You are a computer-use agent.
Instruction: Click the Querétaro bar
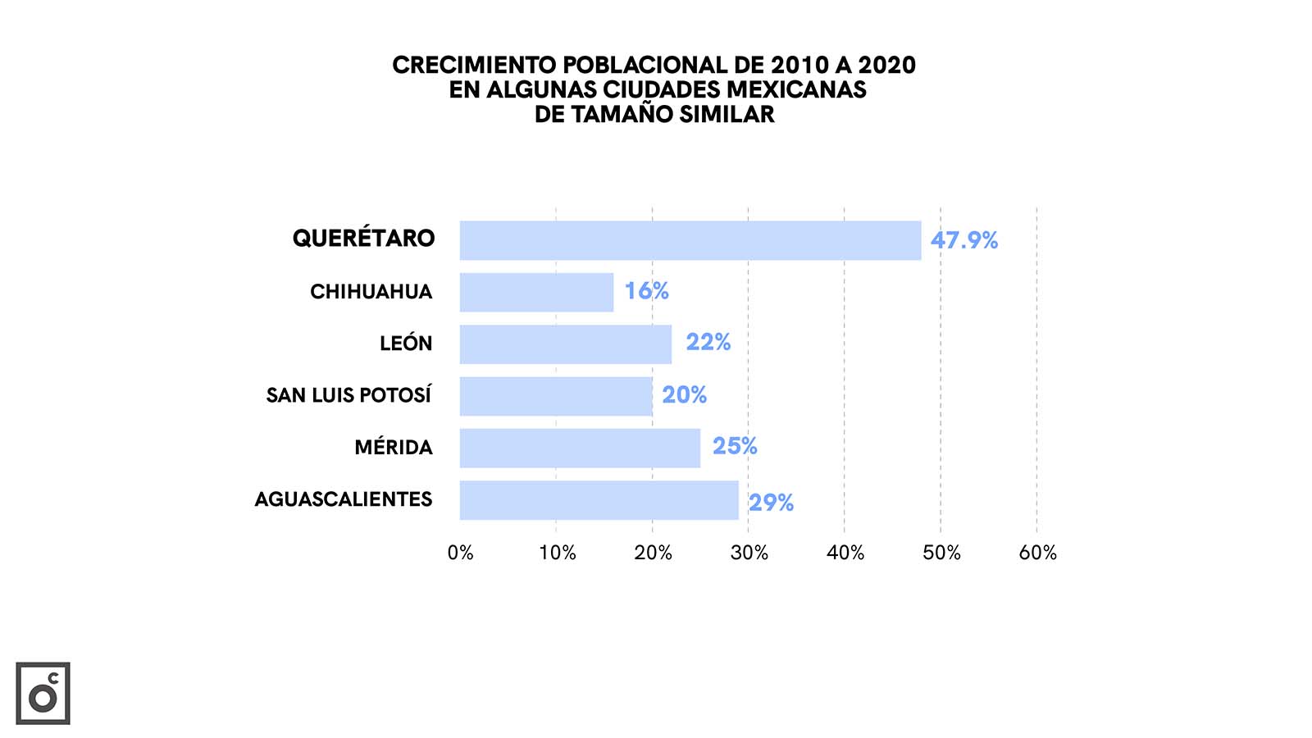(690, 240)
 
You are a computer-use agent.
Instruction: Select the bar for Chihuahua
(536, 292)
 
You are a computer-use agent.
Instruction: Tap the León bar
(565, 344)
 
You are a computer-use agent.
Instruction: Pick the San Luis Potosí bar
(556, 396)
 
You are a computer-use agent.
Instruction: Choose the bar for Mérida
(580, 448)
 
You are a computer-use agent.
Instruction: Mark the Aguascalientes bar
(599, 500)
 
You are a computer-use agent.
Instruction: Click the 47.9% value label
(963, 240)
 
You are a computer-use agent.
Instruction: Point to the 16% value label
(646, 291)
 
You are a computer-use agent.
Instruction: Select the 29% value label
(771, 503)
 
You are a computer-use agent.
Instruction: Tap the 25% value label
(734, 446)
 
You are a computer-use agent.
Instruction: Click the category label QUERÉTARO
(363, 239)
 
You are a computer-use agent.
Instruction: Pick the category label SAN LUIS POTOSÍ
(348, 395)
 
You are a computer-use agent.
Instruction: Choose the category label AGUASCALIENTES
(343, 499)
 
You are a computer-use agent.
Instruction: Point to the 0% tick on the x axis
(461, 553)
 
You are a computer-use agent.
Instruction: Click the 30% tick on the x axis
(749, 553)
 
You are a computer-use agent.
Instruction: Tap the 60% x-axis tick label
(1037, 553)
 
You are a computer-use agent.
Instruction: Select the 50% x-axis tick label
(941, 553)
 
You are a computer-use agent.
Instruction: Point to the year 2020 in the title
(886, 65)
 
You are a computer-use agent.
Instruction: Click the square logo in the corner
(43, 693)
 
